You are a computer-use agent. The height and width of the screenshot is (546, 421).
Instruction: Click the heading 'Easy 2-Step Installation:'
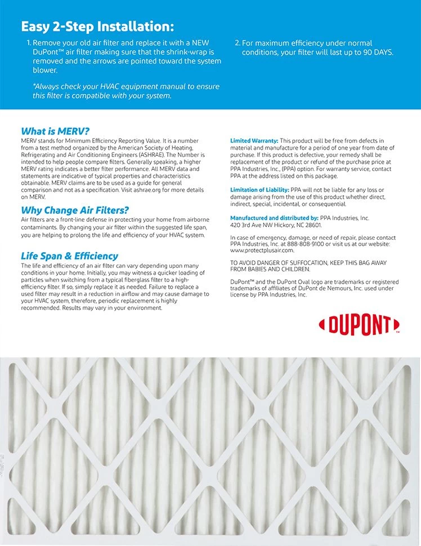tap(97, 26)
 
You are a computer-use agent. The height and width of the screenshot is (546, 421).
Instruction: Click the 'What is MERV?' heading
tap(55, 131)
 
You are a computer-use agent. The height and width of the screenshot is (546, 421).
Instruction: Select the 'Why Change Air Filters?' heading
tap(75, 211)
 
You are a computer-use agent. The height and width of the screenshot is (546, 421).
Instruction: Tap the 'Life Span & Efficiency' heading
tap(69, 256)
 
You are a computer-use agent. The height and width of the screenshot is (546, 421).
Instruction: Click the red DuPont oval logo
tap(359, 325)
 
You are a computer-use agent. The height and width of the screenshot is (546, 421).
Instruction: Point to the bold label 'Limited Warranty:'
tap(254, 141)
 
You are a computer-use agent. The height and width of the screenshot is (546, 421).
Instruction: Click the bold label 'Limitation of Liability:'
tap(260, 190)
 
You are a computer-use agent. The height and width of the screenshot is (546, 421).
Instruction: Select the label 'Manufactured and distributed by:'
tap(274, 218)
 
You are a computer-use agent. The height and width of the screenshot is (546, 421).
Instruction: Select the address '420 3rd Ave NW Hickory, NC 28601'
tap(276, 225)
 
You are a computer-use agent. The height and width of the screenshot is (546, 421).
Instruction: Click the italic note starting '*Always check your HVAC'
tap(126, 91)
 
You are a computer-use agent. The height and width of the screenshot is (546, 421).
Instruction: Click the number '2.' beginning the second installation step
tap(237, 43)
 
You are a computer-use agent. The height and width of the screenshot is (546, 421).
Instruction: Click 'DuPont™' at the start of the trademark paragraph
tap(244, 282)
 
